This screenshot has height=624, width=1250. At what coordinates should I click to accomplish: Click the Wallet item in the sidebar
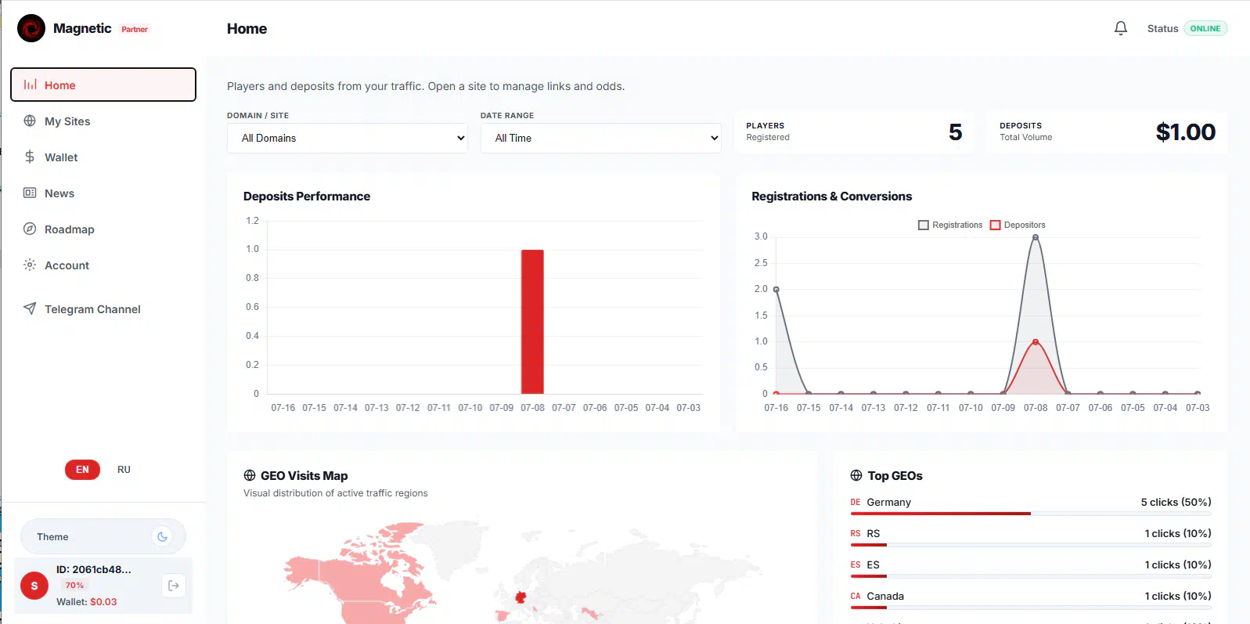(61, 157)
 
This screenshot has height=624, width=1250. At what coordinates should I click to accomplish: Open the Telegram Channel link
(92, 309)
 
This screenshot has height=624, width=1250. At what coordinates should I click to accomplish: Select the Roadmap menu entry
(69, 229)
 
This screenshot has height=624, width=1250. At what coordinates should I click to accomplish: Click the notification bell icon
(1121, 28)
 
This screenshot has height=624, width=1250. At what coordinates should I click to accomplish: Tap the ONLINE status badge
(1205, 28)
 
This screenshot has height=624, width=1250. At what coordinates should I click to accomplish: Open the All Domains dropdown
(347, 138)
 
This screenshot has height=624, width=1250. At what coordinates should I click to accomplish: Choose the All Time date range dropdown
(600, 138)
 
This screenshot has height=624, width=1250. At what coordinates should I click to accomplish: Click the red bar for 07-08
(532, 322)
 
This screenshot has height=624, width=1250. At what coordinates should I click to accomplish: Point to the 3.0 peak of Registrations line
(1036, 237)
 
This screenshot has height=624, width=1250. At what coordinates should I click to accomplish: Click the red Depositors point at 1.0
(1036, 341)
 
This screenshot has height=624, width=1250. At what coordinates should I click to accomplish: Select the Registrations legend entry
(949, 225)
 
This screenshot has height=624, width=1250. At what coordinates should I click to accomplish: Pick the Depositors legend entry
(1018, 225)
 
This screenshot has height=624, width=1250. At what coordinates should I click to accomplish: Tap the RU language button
(124, 470)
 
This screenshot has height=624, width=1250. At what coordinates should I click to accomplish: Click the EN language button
(82, 470)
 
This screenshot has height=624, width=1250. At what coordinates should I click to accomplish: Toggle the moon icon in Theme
(162, 536)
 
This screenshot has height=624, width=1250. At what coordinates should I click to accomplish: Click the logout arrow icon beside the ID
(174, 586)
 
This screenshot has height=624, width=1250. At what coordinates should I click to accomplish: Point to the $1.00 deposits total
(1185, 132)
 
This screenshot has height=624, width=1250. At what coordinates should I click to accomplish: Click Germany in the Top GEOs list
(888, 503)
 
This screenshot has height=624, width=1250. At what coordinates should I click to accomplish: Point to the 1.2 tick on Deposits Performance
(252, 221)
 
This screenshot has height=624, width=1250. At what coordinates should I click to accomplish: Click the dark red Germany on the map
(521, 597)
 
